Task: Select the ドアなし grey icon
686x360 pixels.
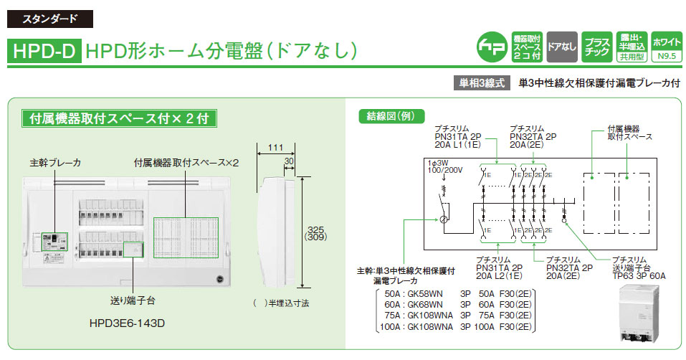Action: (x=561, y=46)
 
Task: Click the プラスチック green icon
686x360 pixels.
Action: (x=596, y=46)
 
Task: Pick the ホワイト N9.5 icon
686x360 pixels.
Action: (x=667, y=46)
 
